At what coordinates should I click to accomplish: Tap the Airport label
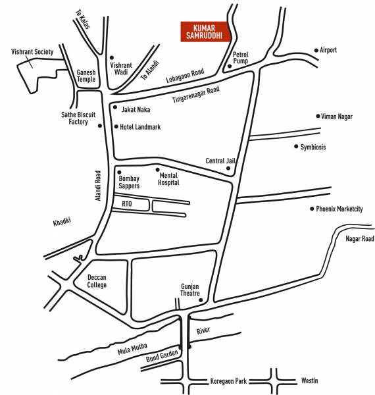tap(328, 50)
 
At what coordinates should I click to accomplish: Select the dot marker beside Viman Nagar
tap(317, 116)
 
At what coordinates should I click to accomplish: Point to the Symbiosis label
tap(313, 147)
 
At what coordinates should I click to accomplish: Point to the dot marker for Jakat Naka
tap(115, 107)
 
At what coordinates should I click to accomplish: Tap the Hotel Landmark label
tap(140, 127)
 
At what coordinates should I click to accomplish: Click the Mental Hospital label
tap(169, 179)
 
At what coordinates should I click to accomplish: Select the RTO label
tap(126, 205)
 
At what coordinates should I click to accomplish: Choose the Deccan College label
tap(97, 281)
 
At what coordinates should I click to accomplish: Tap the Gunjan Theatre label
tap(190, 290)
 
